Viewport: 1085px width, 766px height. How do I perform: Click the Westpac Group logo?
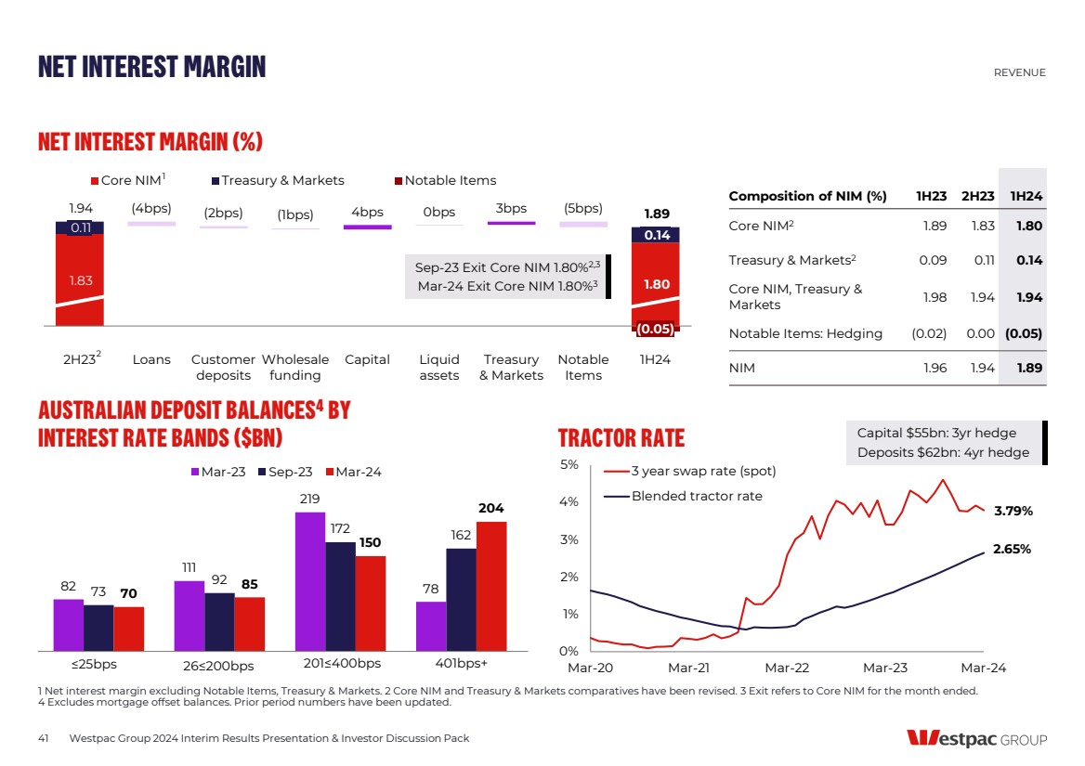(976, 739)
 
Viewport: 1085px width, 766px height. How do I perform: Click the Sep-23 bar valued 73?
(98, 627)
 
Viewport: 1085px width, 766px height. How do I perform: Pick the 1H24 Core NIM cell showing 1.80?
(1028, 226)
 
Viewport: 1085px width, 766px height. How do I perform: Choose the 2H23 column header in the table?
(978, 196)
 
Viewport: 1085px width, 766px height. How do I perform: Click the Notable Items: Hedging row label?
(805, 333)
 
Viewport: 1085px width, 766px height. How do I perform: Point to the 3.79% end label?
(1013, 511)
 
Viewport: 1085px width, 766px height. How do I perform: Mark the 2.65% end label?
(1013, 549)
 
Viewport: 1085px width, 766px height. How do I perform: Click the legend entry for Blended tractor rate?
(696, 496)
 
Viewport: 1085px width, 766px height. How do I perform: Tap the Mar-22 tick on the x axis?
(787, 668)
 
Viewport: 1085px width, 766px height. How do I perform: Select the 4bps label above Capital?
(367, 212)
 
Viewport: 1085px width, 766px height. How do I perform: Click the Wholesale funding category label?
(294, 367)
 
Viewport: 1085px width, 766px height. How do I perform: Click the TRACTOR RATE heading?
(621, 438)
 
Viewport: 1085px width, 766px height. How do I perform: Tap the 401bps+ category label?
(461, 664)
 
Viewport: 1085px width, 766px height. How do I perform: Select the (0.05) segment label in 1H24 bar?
(655, 328)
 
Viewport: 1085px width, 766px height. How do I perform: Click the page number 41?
(43, 738)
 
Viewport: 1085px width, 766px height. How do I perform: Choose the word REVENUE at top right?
(1019, 72)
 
